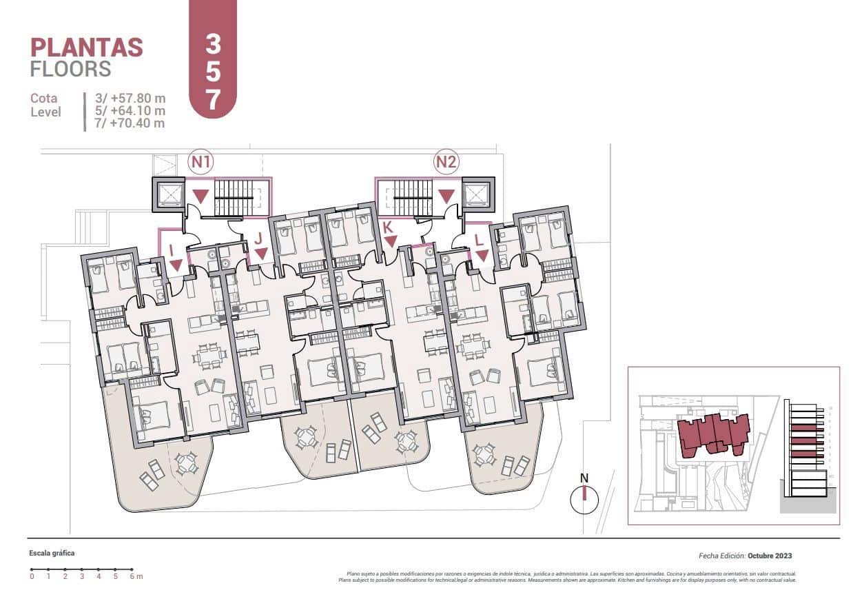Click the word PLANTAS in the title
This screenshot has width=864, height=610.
coord(87,48)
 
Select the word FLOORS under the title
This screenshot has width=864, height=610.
coord(70,69)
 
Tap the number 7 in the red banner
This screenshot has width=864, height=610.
coord(213,100)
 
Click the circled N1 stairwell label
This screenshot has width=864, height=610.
coord(201,163)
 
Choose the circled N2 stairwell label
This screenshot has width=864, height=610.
coord(446,163)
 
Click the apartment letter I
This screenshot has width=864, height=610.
coord(172,252)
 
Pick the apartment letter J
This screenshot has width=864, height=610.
coord(258,239)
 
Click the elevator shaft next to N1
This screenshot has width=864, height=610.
coord(168,194)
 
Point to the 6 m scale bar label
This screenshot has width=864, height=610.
coord(134,577)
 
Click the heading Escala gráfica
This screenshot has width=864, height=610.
coord(52,553)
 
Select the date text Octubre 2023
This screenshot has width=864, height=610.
coord(774,556)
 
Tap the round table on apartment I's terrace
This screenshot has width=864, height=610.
coord(187,463)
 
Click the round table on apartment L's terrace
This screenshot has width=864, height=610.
coord(484,454)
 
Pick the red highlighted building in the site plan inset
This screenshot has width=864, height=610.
coord(713,434)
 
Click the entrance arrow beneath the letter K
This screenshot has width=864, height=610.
coord(391,241)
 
